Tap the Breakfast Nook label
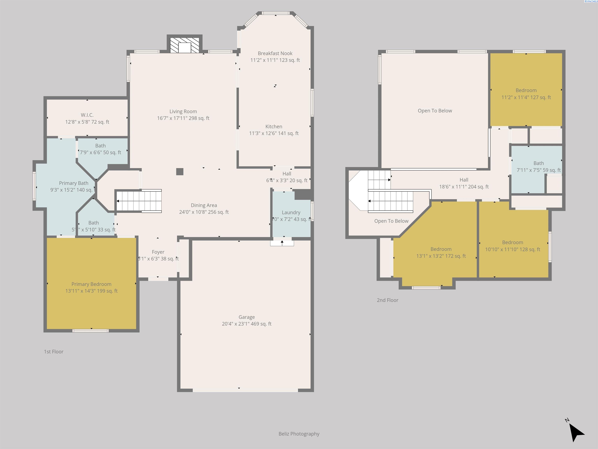[x=275, y=54]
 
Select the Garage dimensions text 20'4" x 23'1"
[x=247, y=324]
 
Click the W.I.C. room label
[x=87, y=115]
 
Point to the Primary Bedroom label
[x=91, y=284]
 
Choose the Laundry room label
[x=291, y=212]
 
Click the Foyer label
[x=158, y=252]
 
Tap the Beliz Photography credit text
[x=299, y=434]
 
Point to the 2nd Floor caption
[x=387, y=300]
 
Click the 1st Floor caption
[x=54, y=352]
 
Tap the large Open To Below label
[x=435, y=111]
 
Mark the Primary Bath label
[x=74, y=183]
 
